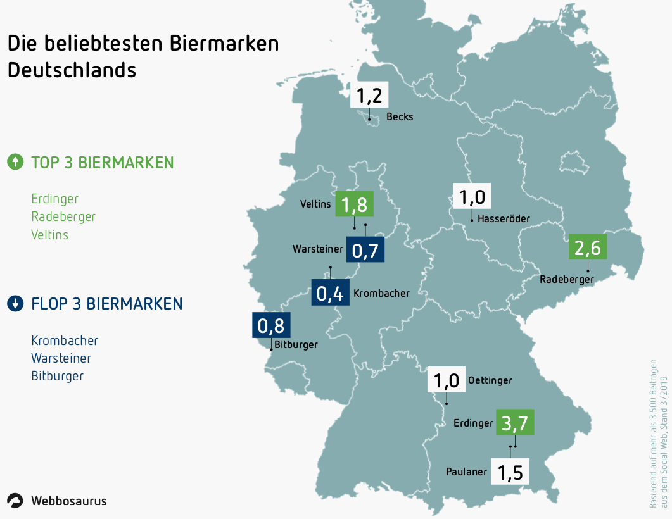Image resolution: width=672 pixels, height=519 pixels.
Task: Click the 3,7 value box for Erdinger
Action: pos(515,422)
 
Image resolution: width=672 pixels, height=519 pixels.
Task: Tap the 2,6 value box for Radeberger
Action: pos(588,246)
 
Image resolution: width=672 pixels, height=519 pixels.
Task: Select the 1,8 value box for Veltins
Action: pos(354,204)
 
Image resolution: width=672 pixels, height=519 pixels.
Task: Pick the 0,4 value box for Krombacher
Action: pos(330,292)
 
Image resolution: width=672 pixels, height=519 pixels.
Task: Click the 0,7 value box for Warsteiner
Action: pos(365,249)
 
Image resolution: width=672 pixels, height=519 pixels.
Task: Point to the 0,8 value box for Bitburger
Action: pos(271,326)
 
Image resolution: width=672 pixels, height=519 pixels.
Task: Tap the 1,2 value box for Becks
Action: pos(369,96)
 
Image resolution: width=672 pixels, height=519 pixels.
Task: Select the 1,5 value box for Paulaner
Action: pos(510,472)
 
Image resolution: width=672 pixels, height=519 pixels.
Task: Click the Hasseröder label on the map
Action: pos(504,219)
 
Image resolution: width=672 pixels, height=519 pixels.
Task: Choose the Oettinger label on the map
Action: pos(490,380)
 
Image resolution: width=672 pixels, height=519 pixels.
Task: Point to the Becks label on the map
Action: pos(400,116)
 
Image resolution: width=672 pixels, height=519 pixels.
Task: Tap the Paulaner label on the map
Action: pos(466,472)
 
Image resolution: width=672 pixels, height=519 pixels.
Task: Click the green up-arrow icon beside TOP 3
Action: pos(15,162)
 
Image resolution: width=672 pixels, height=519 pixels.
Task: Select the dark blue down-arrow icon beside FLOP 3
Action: pos(15,304)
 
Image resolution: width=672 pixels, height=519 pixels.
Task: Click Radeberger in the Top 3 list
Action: pos(63,216)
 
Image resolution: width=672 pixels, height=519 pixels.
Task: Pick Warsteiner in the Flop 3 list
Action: pos(61,358)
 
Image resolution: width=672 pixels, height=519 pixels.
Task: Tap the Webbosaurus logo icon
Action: pos(15,501)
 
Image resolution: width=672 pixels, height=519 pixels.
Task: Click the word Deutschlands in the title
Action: pos(72,70)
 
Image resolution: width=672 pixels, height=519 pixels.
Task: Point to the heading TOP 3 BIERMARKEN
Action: pos(103,163)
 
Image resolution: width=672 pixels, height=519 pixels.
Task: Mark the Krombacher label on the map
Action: pos(381,293)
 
